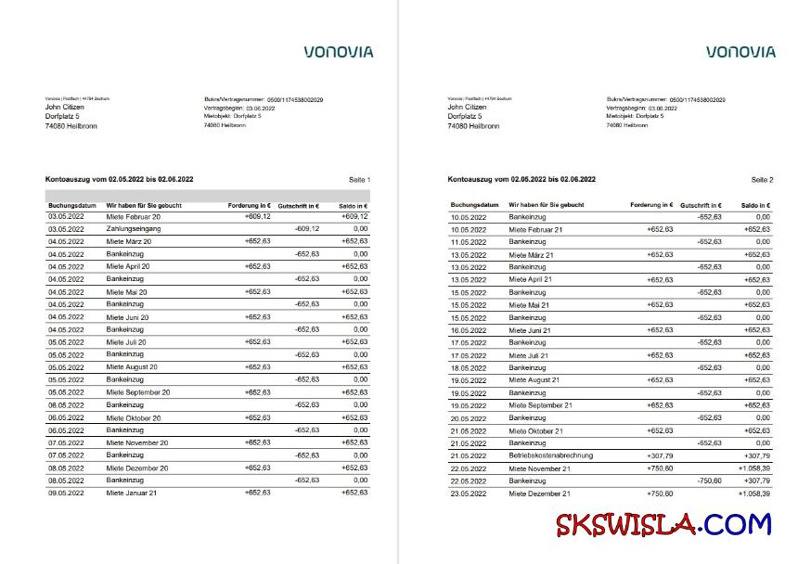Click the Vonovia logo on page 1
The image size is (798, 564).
(x=339, y=52)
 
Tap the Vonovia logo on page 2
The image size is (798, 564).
(x=740, y=52)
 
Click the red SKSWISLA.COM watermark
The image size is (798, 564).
(x=663, y=525)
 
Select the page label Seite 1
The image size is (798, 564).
(x=359, y=179)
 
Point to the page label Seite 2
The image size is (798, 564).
(x=761, y=179)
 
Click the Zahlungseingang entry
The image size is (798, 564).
(x=134, y=228)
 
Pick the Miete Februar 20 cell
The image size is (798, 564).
(x=133, y=216)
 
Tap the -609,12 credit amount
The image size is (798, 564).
(x=306, y=228)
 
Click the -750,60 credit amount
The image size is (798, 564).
(x=708, y=481)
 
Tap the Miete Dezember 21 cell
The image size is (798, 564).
(x=537, y=493)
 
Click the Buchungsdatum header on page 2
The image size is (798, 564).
(x=474, y=204)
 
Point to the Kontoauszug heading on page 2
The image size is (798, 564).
(x=521, y=179)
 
